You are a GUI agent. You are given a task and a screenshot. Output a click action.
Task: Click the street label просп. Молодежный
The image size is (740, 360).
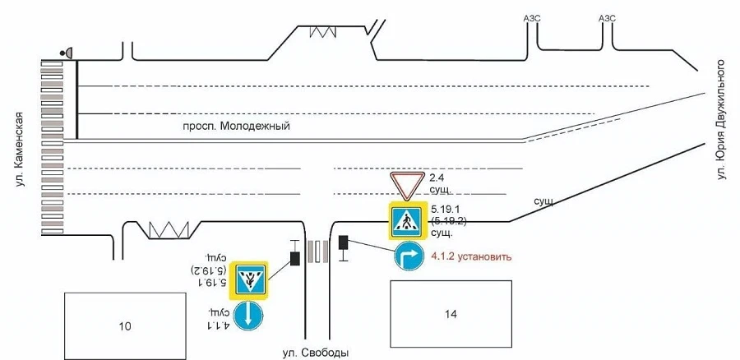237,127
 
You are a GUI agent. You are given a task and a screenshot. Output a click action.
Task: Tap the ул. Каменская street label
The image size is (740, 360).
20,145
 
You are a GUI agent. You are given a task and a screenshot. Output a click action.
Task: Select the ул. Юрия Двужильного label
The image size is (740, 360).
720,119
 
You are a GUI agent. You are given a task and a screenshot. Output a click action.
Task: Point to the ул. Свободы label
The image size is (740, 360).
316,353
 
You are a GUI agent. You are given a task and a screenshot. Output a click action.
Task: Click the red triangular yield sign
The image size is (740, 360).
407,185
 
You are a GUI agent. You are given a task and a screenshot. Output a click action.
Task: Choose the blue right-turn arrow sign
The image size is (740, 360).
409,256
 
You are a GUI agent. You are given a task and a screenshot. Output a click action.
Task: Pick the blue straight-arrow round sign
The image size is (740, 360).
248,316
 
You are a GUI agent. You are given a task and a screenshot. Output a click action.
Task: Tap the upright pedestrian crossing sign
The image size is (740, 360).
407,220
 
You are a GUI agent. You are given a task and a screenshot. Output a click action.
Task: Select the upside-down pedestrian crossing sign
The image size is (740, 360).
248,280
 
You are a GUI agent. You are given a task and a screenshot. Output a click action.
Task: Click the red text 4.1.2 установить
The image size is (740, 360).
471,257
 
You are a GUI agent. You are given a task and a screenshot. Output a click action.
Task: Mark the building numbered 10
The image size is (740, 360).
125,326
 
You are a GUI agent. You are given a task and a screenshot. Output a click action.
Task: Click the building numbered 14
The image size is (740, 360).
451,314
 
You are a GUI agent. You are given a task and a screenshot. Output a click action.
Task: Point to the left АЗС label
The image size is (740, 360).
532,18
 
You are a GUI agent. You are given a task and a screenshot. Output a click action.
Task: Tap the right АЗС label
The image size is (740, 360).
607,18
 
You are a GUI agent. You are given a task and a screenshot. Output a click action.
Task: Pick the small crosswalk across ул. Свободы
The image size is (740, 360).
318,251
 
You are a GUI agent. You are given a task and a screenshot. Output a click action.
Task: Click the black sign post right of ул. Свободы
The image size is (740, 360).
344,247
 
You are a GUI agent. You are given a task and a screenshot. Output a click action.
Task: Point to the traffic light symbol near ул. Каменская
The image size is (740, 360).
67,53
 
